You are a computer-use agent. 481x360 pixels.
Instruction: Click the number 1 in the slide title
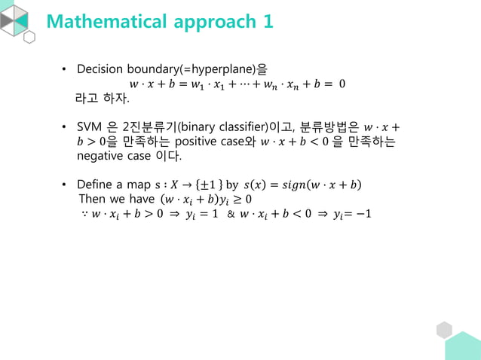(268, 22)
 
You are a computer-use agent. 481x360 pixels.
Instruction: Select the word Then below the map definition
(92, 199)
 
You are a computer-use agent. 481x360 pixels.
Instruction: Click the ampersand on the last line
(231, 215)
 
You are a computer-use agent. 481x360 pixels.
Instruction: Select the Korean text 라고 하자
(102, 98)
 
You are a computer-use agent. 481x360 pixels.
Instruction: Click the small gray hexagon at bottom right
(444, 330)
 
